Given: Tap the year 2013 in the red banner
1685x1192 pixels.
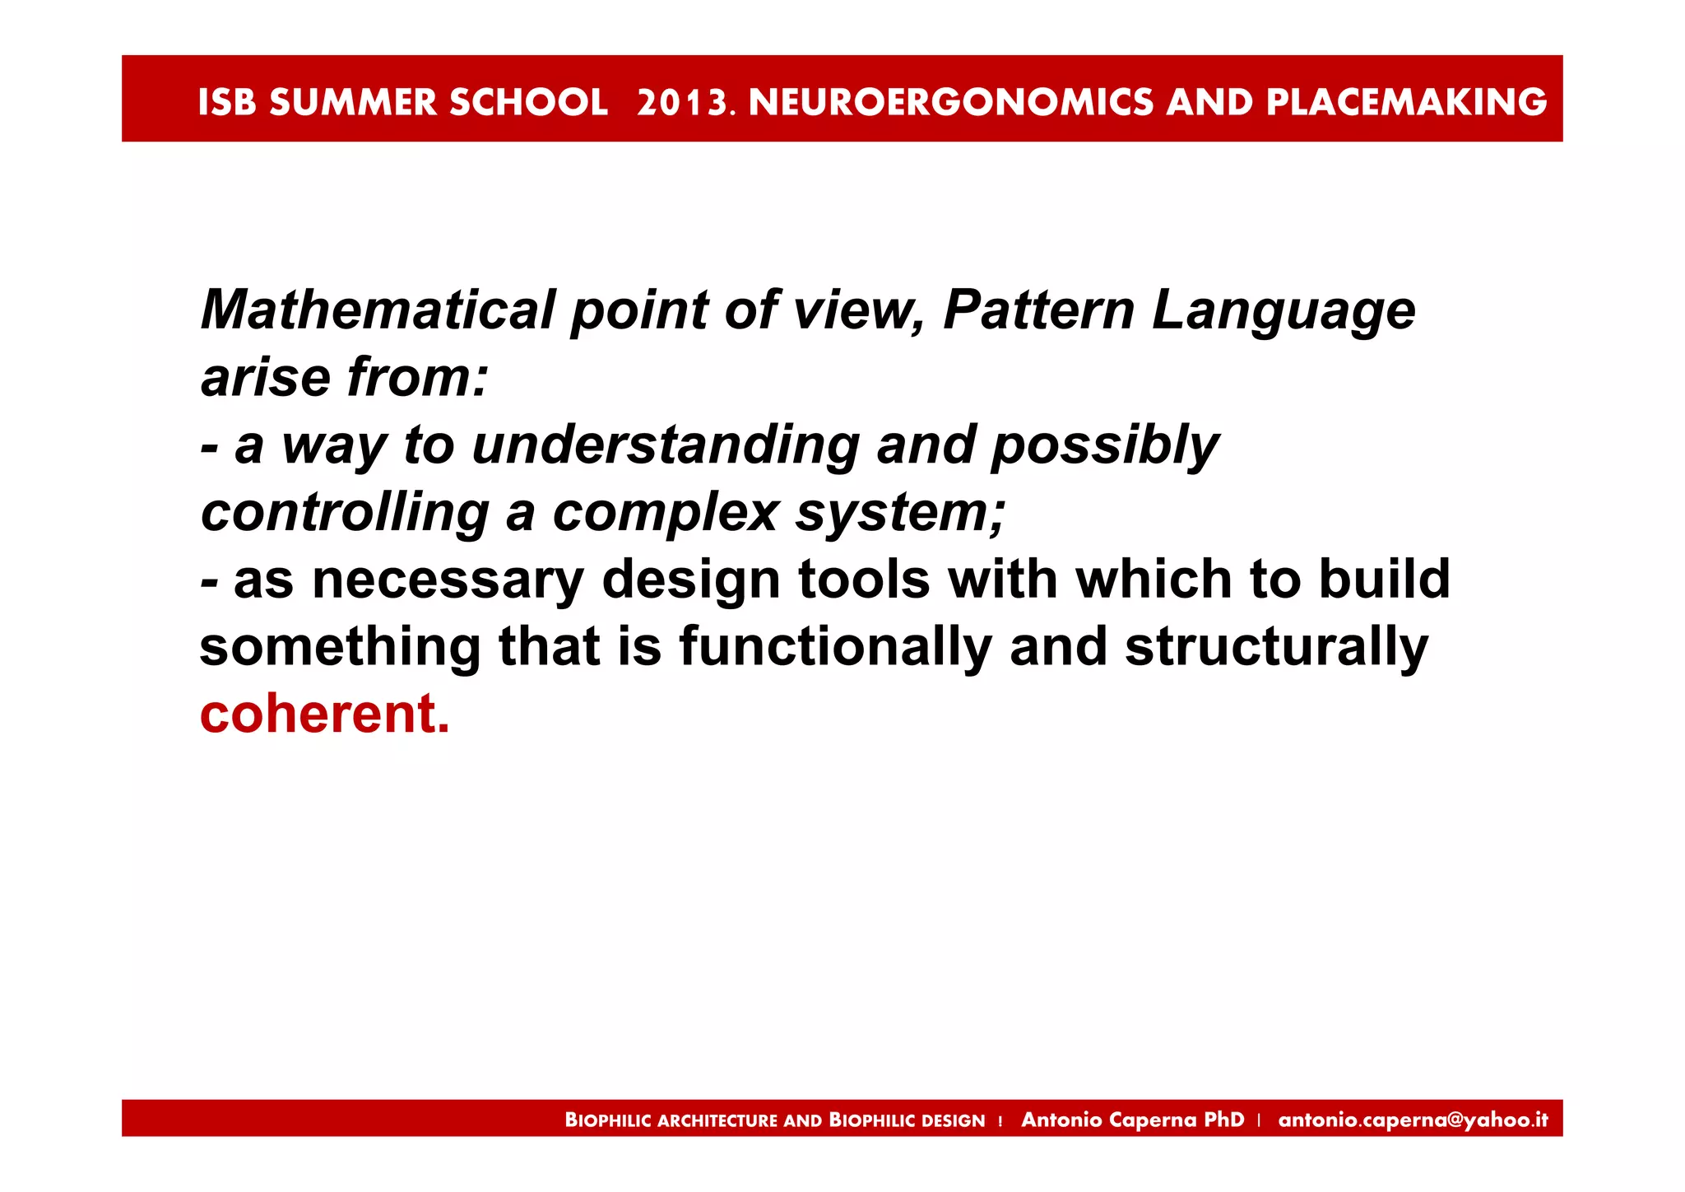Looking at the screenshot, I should tap(682, 102).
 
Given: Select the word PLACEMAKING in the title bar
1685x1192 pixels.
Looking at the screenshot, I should tap(1406, 102).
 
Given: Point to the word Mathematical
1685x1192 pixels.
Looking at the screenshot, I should tap(378, 310).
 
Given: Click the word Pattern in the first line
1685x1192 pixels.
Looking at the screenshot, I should tap(1038, 310).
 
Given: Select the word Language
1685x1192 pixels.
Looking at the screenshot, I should tap(1283, 312).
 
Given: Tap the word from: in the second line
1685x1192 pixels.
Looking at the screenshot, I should tap(418, 378).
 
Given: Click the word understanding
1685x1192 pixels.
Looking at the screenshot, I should tap(666, 445).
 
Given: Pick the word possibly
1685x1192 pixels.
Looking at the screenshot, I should tap(1104, 447).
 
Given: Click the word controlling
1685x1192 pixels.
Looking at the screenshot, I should tap(345, 513).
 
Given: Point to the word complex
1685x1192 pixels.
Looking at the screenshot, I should tap(665, 515).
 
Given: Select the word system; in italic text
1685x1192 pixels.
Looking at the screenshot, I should tap(900, 515).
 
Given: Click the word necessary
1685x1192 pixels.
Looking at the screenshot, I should tap(448, 580).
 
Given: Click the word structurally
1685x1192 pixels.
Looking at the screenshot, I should tap(1276, 648).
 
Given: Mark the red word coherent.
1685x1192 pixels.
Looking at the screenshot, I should tap(324, 714).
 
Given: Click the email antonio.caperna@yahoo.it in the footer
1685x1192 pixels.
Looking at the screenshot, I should tap(1413, 1120).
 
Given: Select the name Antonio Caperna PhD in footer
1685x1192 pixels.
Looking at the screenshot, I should tap(1132, 1120).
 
